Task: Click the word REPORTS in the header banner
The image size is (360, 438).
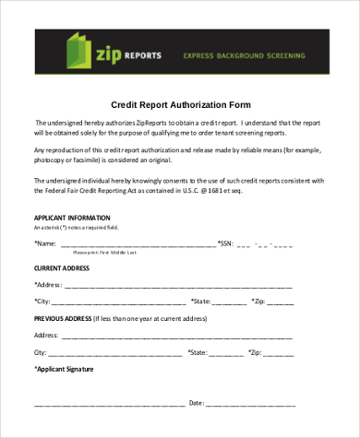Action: point(143,55)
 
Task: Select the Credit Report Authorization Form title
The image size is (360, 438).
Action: point(180,104)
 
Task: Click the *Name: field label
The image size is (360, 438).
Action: point(44,243)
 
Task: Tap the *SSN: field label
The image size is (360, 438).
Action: point(226,243)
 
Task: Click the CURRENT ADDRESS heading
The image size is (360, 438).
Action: point(62,267)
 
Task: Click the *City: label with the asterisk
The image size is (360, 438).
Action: point(42,302)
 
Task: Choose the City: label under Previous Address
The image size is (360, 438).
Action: point(41,352)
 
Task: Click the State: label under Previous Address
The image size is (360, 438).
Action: point(197,352)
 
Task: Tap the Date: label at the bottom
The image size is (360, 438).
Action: point(196,403)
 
